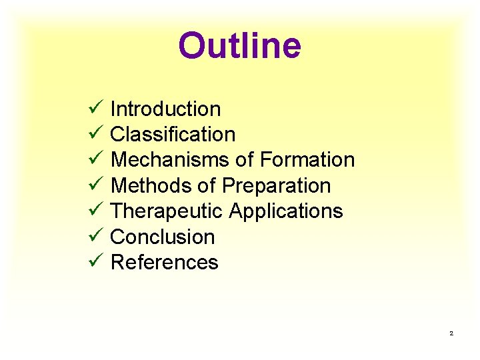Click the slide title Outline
click(x=239, y=45)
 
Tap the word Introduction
click(x=165, y=109)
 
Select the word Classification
click(x=173, y=134)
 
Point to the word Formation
click(x=307, y=160)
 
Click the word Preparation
click(x=277, y=185)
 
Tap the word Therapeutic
click(x=167, y=211)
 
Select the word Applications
click(x=286, y=211)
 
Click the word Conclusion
click(x=163, y=237)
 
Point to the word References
click(x=164, y=263)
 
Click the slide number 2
click(x=451, y=333)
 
